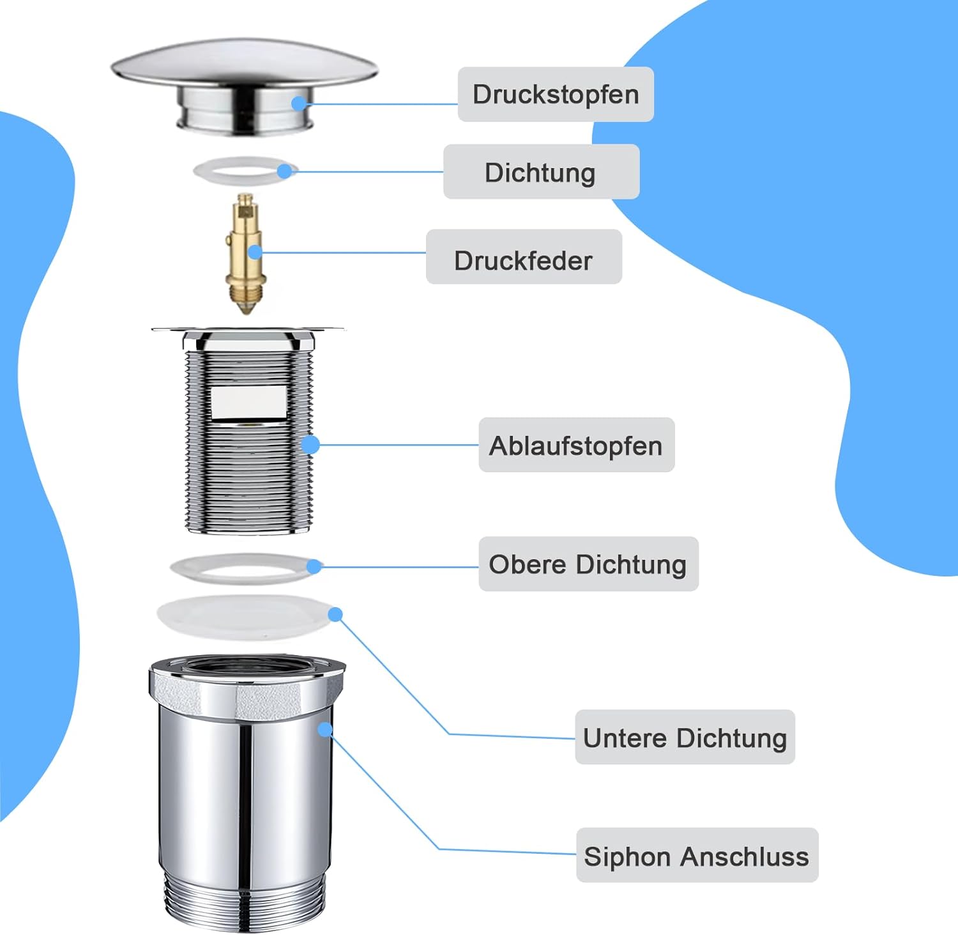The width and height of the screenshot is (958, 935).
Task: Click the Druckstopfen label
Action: pyautogui.click(x=556, y=94)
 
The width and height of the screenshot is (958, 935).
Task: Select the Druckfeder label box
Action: pyautogui.click(x=524, y=257)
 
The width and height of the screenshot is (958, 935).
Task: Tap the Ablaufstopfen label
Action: pyautogui.click(x=577, y=445)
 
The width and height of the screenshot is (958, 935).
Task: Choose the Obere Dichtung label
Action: pyautogui.click(x=589, y=564)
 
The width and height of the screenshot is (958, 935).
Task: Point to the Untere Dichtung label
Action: pyautogui.click(x=685, y=737)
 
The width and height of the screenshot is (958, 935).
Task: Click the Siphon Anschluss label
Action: pyautogui.click(x=697, y=855)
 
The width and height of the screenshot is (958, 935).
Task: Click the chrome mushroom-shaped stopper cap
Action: pyautogui.click(x=245, y=86)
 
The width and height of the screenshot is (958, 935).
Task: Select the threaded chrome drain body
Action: pyautogui.click(x=248, y=430)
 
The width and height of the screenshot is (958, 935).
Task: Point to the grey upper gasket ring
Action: pyautogui.click(x=245, y=568)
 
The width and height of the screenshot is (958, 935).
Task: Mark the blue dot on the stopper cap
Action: pyautogui.click(x=299, y=103)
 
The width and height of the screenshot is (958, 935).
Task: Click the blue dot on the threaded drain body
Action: pyautogui.click(x=310, y=444)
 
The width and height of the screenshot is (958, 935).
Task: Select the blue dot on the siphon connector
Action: pyautogui.click(x=325, y=729)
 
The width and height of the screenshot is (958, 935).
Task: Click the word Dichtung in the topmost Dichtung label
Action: pyautogui.click(x=540, y=173)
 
